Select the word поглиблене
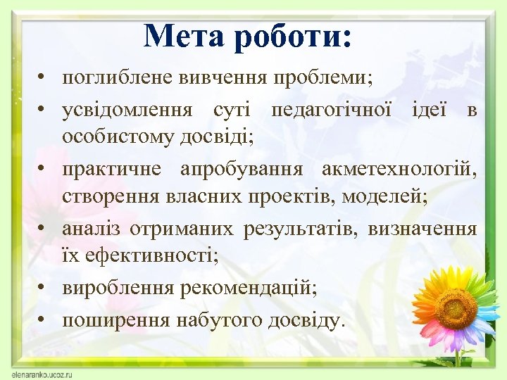point(115,78)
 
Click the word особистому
point(109,139)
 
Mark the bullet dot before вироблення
point(44,289)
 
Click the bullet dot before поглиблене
point(44,78)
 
